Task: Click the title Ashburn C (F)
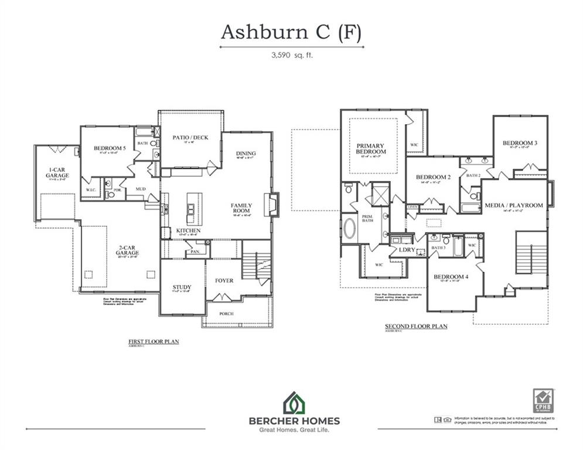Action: pyautogui.click(x=291, y=33)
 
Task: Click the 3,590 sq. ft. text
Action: pyautogui.click(x=291, y=57)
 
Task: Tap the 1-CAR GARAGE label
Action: pyautogui.click(x=58, y=173)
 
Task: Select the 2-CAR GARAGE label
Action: pyautogui.click(x=127, y=250)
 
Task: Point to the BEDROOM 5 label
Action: pyautogui.click(x=110, y=149)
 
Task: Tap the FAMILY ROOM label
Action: pyautogui.click(x=241, y=208)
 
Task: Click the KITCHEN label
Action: pyautogui.click(x=188, y=231)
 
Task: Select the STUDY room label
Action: pyautogui.click(x=182, y=287)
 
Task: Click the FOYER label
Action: pyautogui.click(x=224, y=281)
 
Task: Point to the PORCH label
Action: pyautogui.click(x=226, y=313)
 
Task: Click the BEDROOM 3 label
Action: pyautogui.click(x=519, y=143)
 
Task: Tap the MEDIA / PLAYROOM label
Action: pyautogui.click(x=513, y=205)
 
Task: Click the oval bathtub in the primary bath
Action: pyautogui.click(x=349, y=229)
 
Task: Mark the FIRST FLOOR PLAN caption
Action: pyautogui.click(x=154, y=340)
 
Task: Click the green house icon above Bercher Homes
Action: pyautogui.click(x=291, y=403)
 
